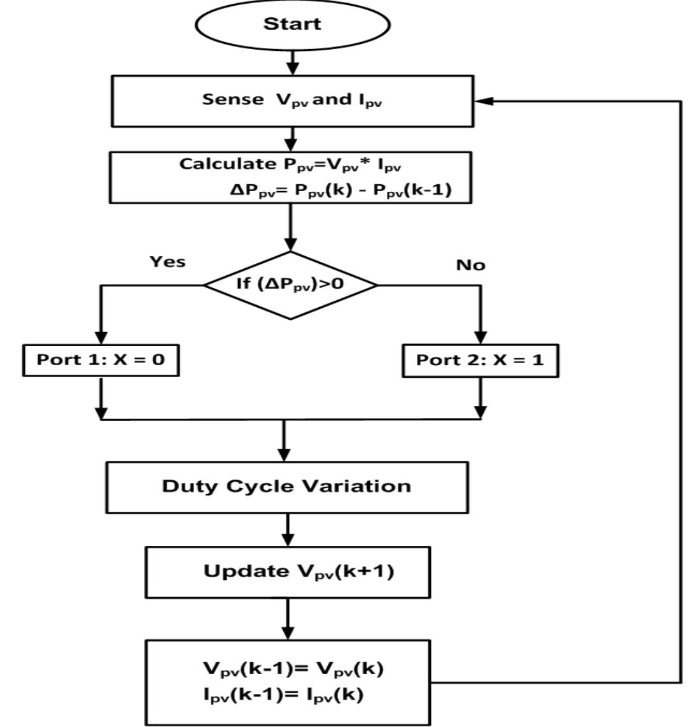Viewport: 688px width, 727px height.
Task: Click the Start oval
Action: pyautogui.click(x=292, y=25)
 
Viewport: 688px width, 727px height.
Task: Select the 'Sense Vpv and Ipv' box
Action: pyautogui.click(x=292, y=101)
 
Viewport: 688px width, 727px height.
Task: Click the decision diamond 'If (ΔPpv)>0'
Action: pyautogui.click(x=290, y=284)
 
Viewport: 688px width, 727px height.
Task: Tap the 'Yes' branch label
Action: pyautogui.click(x=167, y=262)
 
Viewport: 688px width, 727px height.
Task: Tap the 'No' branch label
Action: pyautogui.click(x=470, y=265)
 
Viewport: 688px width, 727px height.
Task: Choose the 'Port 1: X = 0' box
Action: pyautogui.click(x=101, y=360)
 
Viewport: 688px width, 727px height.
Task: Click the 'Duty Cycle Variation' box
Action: pyautogui.click(x=287, y=487)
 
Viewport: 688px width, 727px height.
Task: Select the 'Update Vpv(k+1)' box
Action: pyautogui.click(x=288, y=572)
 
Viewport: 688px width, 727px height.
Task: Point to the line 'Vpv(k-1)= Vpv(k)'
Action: pyautogui.click(x=293, y=668)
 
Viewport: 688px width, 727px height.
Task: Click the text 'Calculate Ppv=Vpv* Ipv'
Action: pyautogui.click(x=290, y=164)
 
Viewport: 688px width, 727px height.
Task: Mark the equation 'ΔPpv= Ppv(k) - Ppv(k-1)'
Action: pyautogui.click(x=340, y=190)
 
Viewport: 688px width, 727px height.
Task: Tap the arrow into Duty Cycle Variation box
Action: pyautogui.click(x=284, y=450)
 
